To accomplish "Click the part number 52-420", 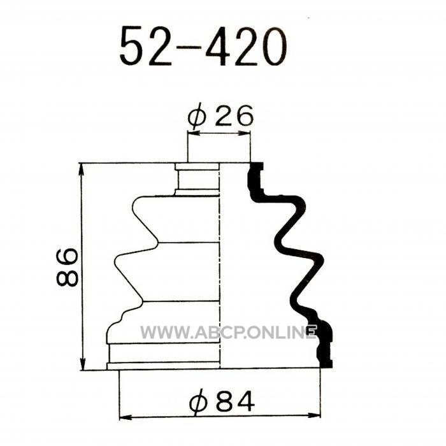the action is tap(203, 46).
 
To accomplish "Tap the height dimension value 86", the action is tap(67, 267).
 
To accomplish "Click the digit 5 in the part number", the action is tap(131, 46).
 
